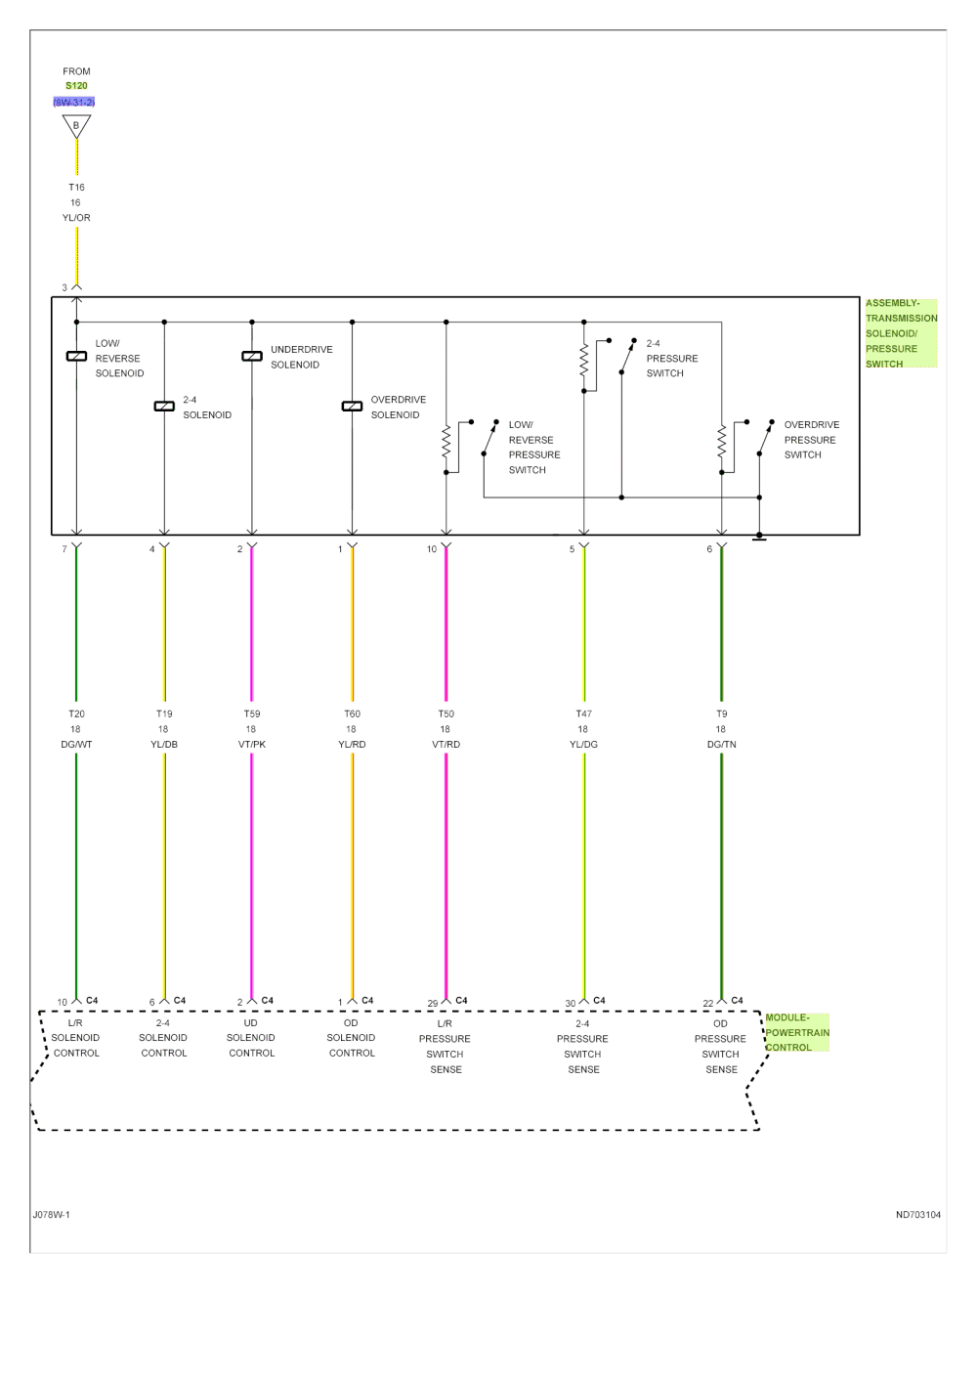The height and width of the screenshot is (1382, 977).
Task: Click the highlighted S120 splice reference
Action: coord(76,86)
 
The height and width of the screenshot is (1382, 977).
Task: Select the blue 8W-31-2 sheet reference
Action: coord(74,102)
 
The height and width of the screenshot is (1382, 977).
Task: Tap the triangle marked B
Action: coord(76,125)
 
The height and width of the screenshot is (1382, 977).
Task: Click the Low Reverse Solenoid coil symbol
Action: coord(76,357)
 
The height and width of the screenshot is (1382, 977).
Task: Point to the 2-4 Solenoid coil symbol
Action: coord(164,405)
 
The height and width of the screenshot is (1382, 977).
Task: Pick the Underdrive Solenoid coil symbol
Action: coord(252,357)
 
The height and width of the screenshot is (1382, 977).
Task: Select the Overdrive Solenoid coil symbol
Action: coord(352,405)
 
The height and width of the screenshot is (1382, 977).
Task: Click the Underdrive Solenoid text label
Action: coord(301,357)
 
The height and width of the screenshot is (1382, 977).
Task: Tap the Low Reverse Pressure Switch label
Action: coord(533,447)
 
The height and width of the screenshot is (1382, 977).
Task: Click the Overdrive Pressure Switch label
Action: coord(811,440)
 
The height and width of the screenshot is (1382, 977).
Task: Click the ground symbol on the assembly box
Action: coord(759,537)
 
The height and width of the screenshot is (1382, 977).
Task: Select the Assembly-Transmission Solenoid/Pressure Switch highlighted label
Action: coord(901,333)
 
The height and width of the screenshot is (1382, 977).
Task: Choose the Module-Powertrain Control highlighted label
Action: coord(796,1032)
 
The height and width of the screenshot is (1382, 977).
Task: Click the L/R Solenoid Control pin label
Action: coord(76,1037)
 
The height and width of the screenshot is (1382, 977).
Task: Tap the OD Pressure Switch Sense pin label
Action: coord(721,1046)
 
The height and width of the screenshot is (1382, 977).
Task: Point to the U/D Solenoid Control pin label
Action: coord(251,1037)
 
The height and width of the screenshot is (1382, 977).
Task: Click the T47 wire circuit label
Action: coord(583,713)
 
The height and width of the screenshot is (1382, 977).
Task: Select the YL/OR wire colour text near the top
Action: coord(76,218)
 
